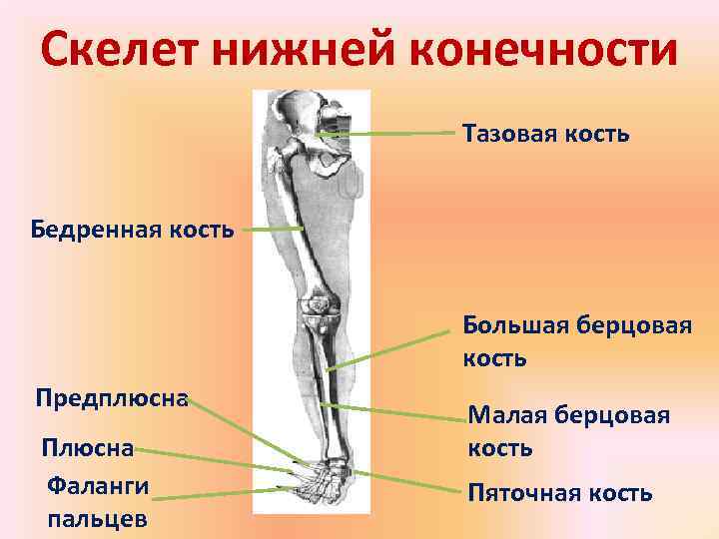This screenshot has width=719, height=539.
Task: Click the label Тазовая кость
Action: click(545, 133)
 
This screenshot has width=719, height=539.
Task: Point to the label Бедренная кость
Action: click(133, 231)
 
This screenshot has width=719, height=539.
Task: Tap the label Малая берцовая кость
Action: click(569, 431)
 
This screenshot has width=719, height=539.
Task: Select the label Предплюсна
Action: click(112, 398)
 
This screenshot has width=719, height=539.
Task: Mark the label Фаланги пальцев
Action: click(98, 502)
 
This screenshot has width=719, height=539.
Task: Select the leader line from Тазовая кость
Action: click(389, 132)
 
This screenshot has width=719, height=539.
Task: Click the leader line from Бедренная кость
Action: click(272, 230)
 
